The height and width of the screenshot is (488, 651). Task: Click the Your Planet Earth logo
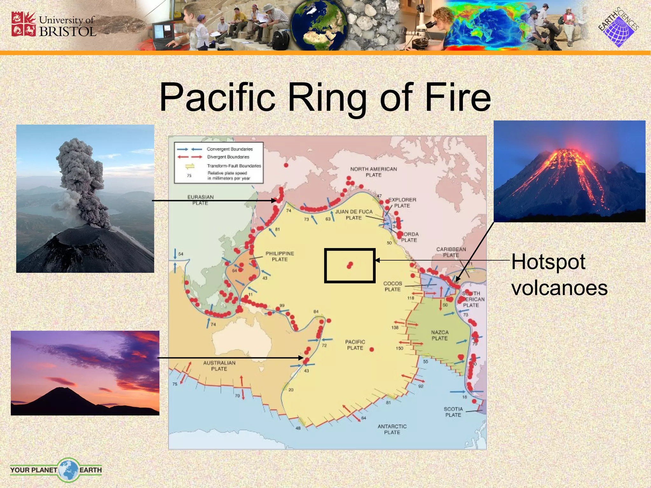tap(56, 470)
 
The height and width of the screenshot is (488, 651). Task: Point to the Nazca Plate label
tap(440, 335)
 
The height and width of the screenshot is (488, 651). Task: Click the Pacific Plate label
tap(355, 345)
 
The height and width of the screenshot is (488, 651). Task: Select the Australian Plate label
tap(219, 366)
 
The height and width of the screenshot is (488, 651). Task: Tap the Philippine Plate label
tap(280, 256)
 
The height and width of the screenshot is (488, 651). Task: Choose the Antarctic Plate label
tap(392, 429)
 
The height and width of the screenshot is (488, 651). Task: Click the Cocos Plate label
tap(393, 286)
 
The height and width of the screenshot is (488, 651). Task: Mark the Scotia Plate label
tap(453, 412)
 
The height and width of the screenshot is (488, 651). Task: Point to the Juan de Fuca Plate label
tap(354, 214)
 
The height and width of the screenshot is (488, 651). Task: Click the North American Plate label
tap(373, 172)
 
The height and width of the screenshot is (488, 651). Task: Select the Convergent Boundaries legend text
tap(230, 149)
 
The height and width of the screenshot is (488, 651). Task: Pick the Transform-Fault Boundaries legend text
tap(234, 166)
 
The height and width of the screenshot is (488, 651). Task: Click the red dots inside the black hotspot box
tap(350, 265)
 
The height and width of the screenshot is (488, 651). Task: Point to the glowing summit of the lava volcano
tap(569, 156)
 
